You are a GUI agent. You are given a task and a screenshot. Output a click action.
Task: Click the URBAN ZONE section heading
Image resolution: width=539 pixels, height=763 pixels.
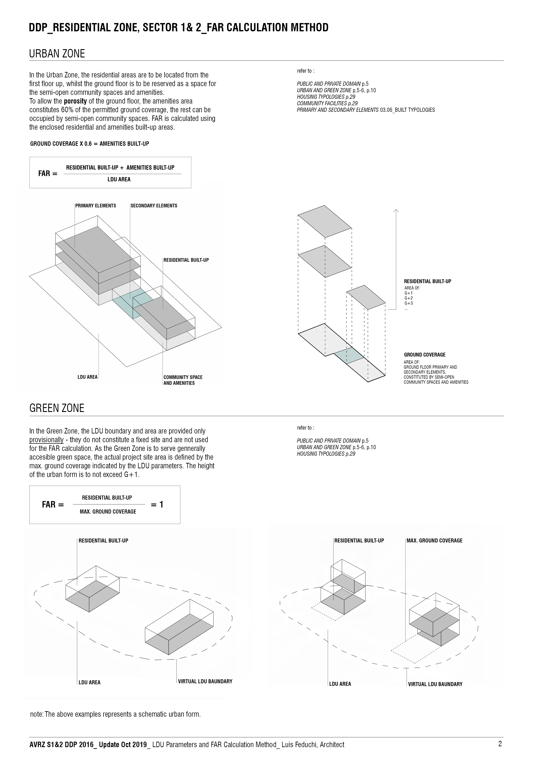tap(57, 54)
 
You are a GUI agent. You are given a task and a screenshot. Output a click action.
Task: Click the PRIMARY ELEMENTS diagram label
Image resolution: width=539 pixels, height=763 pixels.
tap(96, 206)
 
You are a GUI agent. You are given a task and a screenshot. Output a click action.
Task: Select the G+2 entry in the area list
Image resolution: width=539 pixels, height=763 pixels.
tap(408, 298)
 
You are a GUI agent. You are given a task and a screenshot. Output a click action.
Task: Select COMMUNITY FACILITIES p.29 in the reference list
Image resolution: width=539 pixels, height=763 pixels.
tap(327, 103)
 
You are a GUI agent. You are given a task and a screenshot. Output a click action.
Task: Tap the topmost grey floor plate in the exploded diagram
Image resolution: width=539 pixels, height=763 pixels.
tap(324, 221)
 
